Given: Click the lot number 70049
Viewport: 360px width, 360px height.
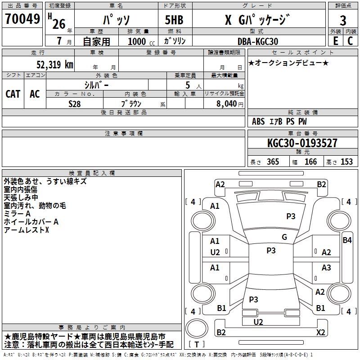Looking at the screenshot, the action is click(x=22, y=19).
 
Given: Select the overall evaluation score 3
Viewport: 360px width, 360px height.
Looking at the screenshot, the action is click(x=343, y=20).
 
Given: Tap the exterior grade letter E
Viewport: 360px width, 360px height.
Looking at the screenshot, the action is click(x=335, y=41).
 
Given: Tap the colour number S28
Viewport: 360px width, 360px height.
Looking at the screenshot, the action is click(x=74, y=103).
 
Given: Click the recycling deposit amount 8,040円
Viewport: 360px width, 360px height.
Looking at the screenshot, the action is click(x=228, y=103).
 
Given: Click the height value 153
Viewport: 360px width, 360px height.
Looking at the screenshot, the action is click(x=346, y=162).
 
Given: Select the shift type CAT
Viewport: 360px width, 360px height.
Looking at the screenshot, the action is click(x=13, y=94).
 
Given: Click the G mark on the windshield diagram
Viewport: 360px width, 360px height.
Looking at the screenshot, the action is click(x=284, y=237).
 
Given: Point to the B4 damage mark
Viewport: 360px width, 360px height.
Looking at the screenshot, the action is click(x=347, y=240).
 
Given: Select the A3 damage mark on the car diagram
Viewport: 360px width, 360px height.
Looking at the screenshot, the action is click(x=326, y=268).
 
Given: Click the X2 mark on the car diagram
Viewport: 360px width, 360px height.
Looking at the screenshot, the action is click(x=321, y=333).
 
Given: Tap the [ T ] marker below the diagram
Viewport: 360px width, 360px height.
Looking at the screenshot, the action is click(x=197, y=345).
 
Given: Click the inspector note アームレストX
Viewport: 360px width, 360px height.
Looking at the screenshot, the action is click(x=26, y=230).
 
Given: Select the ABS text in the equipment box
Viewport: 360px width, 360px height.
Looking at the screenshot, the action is click(x=258, y=121).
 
